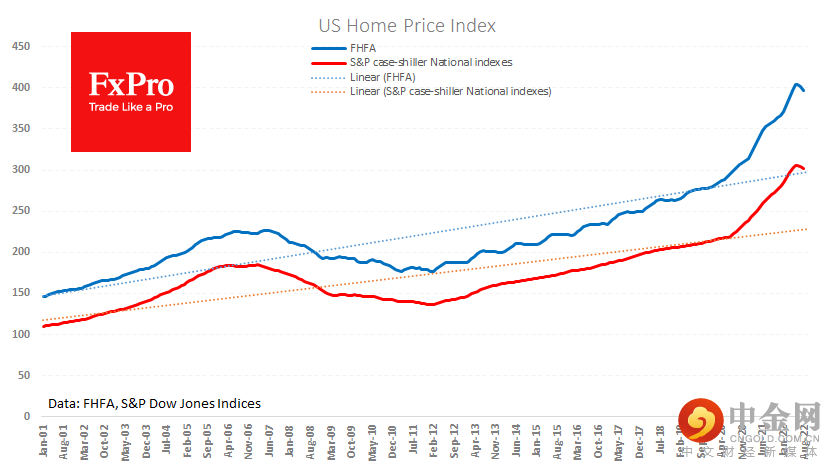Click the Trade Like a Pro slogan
tap(131, 107)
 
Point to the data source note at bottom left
tap(154, 403)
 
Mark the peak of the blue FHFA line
tap(797, 84)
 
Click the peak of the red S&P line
tap(796, 165)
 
